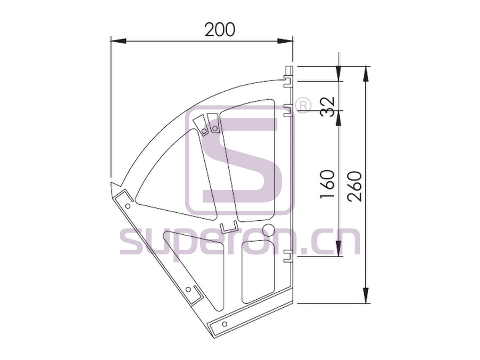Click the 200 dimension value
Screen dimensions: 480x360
(220, 29)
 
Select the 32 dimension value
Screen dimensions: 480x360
(327, 107)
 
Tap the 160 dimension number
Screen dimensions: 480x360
(327, 183)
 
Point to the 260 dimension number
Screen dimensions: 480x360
(355, 186)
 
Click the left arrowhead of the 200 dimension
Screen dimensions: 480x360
(118, 41)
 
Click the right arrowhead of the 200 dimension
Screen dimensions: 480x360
(285, 41)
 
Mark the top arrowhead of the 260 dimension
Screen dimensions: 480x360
(366, 74)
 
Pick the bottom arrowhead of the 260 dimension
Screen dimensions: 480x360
(366, 295)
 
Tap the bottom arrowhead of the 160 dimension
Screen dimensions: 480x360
(339, 249)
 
